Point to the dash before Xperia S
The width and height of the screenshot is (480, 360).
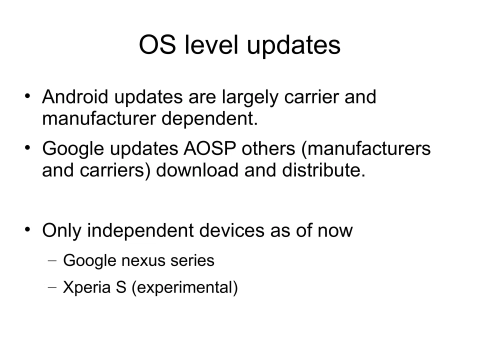coord(51,290)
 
